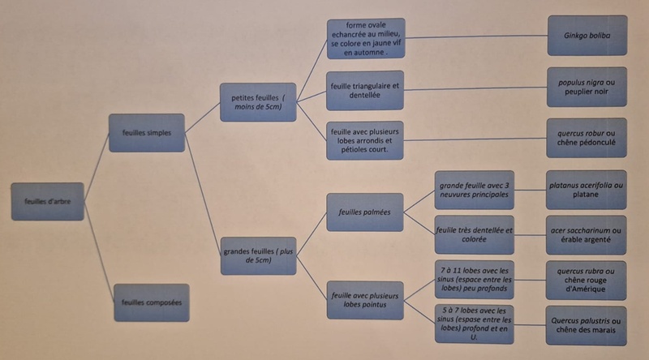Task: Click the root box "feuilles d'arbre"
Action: click(x=47, y=202)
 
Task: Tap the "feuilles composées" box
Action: click(x=151, y=302)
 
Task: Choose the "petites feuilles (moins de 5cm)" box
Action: click(x=257, y=102)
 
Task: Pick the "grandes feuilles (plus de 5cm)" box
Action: click(x=257, y=255)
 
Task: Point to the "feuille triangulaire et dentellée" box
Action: click(x=365, y=90)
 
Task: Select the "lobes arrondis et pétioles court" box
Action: click(x=365, y=139)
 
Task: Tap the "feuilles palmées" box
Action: click(x=365, y=212)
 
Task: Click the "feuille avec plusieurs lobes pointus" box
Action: click(x=365, y=299)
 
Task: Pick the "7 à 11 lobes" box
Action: click(x=475, y=280)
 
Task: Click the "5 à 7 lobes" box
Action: click(x=475, y=324)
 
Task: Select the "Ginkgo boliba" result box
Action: click(x=587, y=36)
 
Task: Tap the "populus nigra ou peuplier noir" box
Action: click(x=587, y=87)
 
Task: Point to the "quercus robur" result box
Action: click(x=587, y=139)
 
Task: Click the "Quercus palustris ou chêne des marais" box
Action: click(x=587, y=326)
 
